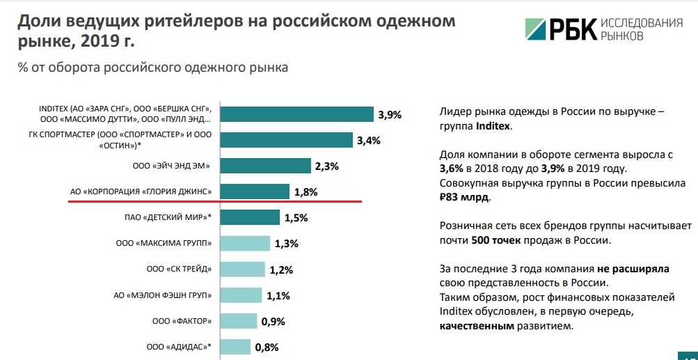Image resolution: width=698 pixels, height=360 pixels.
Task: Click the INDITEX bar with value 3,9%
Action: tap(297, 114)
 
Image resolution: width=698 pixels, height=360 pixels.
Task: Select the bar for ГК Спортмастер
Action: tap(286, 140)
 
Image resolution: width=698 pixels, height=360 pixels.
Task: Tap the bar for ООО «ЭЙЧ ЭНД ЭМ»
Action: tap(265, 166)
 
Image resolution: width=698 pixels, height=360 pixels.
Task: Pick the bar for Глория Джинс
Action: tap(255, 191)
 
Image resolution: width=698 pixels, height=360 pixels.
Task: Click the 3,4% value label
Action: tap(368, 141)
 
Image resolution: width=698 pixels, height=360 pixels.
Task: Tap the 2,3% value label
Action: tap(326, 166)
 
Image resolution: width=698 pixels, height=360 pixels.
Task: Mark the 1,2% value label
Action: tap(281, 269)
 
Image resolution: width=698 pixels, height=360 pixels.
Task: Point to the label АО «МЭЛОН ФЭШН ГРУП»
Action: tap(162, 295)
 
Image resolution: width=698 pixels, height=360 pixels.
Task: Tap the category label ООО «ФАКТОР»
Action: tap(182, 321)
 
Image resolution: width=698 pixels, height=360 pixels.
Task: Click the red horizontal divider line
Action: tap(215, 201)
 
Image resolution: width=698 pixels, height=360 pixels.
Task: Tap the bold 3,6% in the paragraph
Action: tap(452, 169)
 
